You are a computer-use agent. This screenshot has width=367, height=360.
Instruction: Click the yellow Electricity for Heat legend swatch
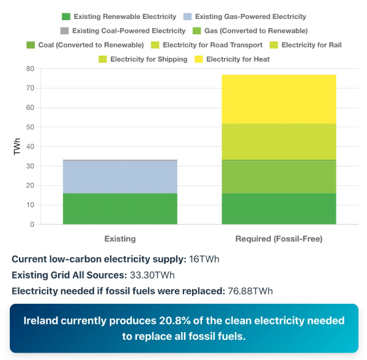(x=199, y=59)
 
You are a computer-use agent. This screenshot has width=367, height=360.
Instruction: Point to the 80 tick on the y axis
(x=29, y=69)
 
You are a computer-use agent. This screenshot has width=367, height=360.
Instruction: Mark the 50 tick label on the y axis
(x=29, y=127)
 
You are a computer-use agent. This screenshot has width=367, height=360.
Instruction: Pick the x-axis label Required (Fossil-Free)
(x=278, y=238)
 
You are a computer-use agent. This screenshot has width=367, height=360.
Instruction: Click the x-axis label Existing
(x=120, y=238)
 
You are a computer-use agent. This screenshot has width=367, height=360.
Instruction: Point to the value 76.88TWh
(x=252, y=290)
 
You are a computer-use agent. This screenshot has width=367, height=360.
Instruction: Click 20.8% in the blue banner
(x=150, y=321)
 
